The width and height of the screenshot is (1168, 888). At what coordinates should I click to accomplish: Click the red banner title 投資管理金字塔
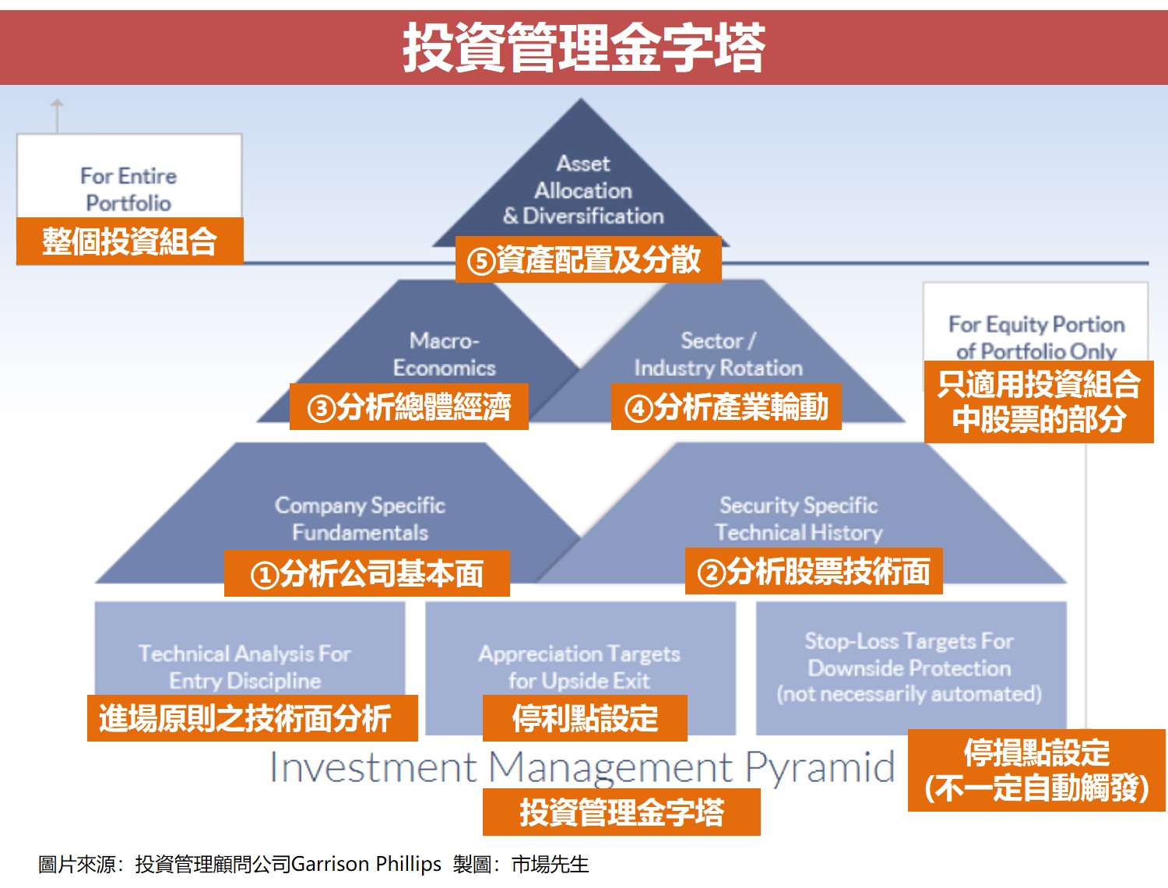(x=584, y=48)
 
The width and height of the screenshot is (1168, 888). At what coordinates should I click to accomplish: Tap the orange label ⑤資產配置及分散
(x=588, y=259)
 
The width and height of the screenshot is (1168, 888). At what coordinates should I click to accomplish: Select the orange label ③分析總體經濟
(x=409, y=407)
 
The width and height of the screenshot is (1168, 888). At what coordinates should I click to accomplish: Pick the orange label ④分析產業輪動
(x=726, y=407)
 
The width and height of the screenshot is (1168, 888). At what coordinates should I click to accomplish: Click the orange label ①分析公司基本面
(x=367, y=574)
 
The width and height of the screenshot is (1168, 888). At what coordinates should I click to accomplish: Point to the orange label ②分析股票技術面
(x=814, y=572)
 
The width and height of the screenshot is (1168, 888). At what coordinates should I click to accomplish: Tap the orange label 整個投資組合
(x=130, y=241)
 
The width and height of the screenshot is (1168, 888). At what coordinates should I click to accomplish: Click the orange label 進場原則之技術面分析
(x=252, y=718)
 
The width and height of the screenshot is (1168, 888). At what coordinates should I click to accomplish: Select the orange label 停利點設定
(x=585, y=718)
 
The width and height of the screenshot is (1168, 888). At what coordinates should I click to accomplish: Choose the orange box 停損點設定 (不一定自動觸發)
(x=1036, y=770)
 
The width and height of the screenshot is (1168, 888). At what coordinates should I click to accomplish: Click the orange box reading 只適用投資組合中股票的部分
(x=1039, y=402)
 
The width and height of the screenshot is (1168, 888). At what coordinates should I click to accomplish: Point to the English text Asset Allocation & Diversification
(x=583, y=190)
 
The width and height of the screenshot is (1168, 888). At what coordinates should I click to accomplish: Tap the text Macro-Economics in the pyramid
(x=444, y=354)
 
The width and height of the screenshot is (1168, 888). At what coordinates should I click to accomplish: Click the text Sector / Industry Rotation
(x=718, y=354)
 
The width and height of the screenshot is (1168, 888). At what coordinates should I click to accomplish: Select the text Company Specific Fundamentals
(x=360, y=519)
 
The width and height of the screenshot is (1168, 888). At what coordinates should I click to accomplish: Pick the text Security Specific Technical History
(x=799, y=519)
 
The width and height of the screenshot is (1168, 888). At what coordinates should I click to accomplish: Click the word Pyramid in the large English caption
(x=820, y=768)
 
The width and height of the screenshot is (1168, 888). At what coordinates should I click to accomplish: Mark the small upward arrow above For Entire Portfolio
(x=57, y=113)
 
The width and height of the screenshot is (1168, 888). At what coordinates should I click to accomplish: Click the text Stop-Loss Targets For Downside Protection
(x=909, y=654)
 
